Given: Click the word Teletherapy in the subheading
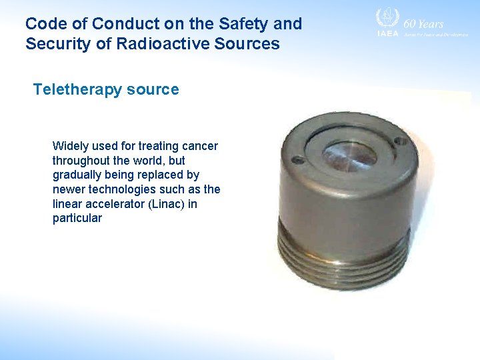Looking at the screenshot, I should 73,89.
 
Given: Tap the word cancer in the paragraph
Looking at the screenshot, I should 201,146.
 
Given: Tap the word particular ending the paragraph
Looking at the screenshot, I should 77,219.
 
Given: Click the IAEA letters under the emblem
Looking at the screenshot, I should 387,33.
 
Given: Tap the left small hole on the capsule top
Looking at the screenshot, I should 297,161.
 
